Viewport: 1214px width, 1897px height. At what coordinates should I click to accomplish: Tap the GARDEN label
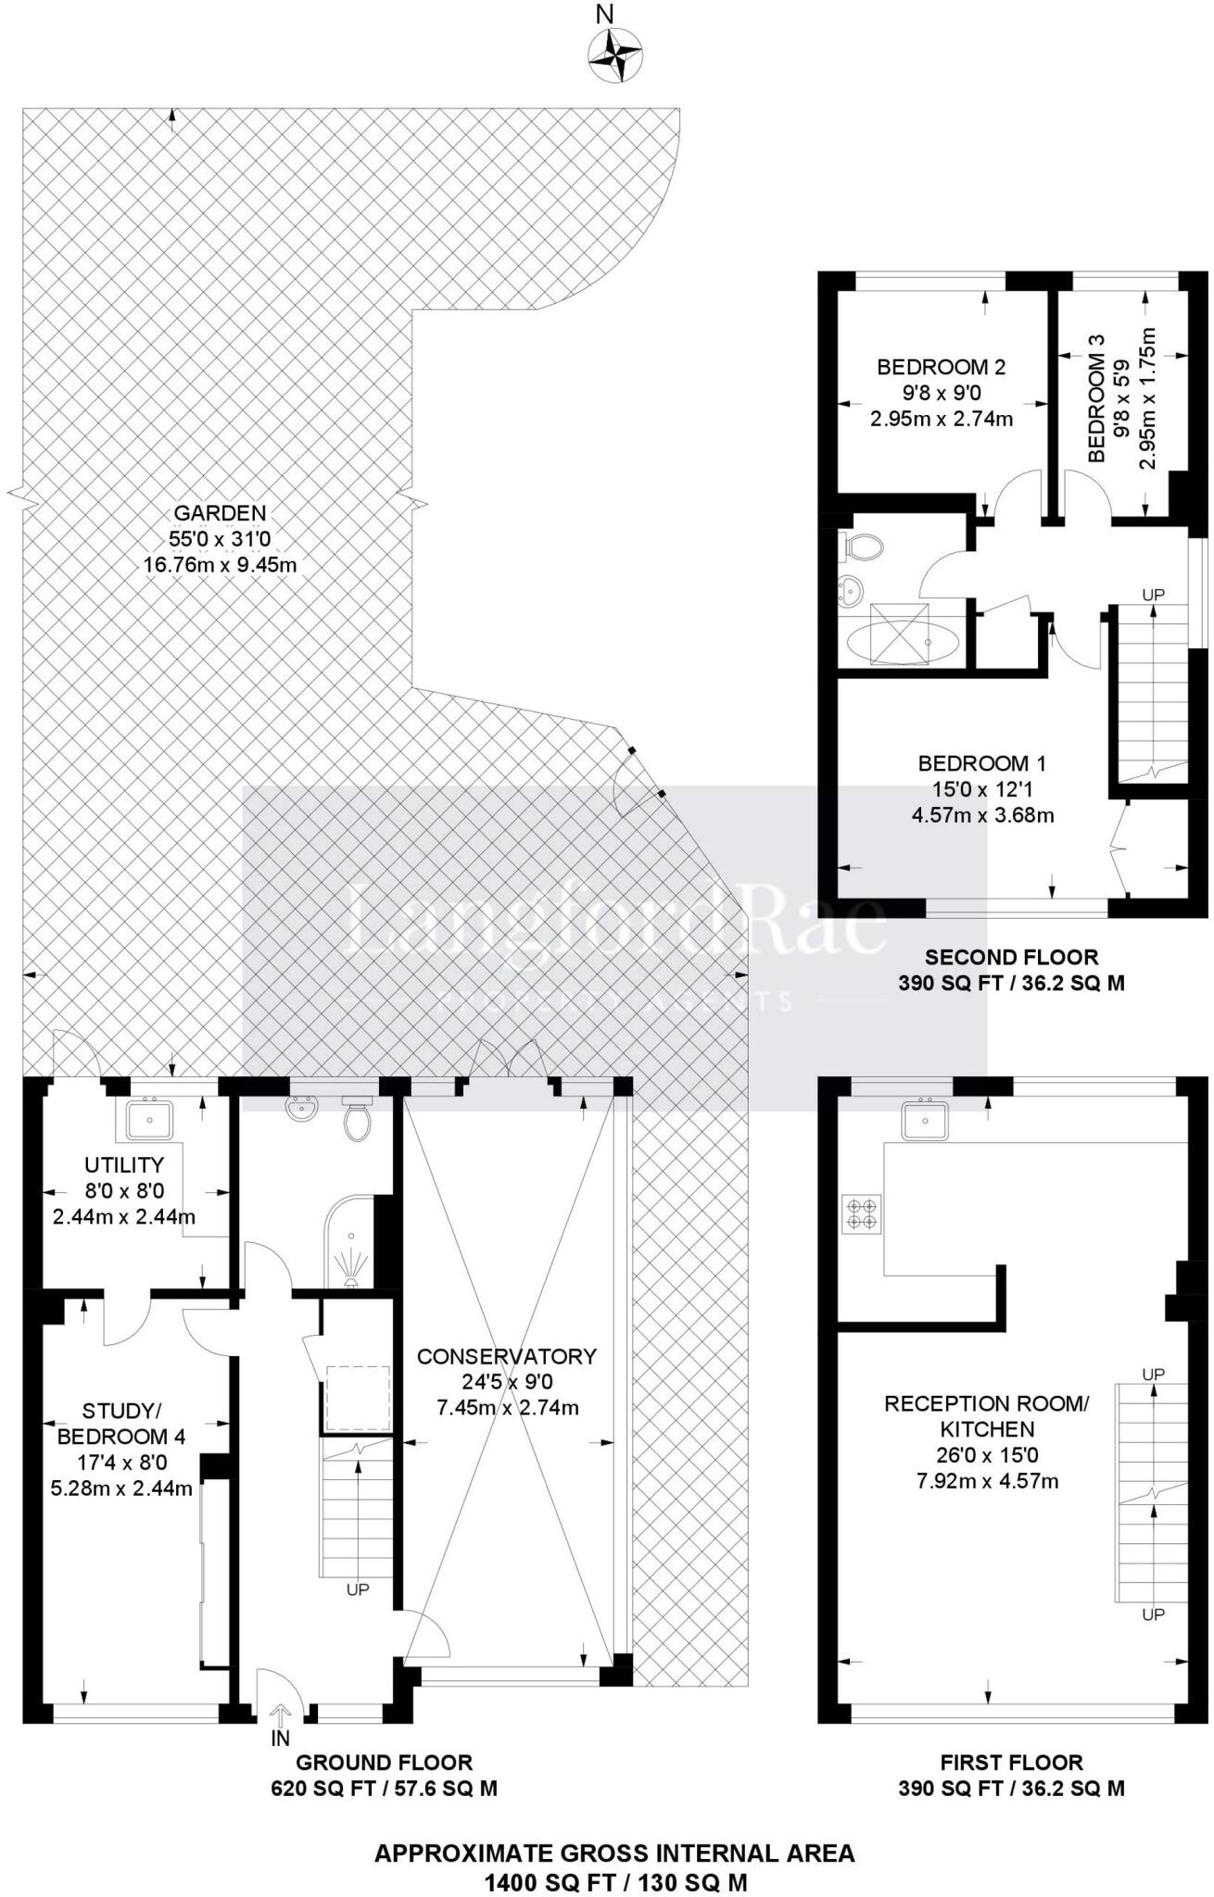click(220, 512)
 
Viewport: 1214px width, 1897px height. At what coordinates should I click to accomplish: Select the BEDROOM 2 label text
click(941, 368)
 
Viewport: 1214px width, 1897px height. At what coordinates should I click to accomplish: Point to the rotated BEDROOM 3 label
click(1097, 398)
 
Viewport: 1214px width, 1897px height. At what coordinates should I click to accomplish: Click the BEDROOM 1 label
click(981, 763)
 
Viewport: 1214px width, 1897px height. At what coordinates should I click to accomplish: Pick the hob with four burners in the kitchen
click(861, 1214)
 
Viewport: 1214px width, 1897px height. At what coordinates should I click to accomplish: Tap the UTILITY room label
click(124, 1165)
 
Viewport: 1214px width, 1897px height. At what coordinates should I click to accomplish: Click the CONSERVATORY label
click(506, 1356)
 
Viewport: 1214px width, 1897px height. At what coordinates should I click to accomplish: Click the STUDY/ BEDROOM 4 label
click(121, 1424)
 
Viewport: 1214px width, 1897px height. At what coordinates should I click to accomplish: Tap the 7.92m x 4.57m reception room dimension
click(987, 1481)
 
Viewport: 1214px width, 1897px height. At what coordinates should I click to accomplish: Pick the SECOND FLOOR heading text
click(1011, 957)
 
